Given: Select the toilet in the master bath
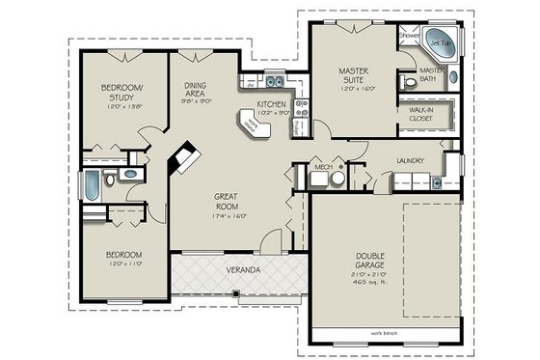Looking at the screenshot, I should [x=410, y=83].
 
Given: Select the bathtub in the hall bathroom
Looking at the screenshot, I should [x=89, y=184].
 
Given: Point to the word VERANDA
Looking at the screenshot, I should [x=242, y=269].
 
